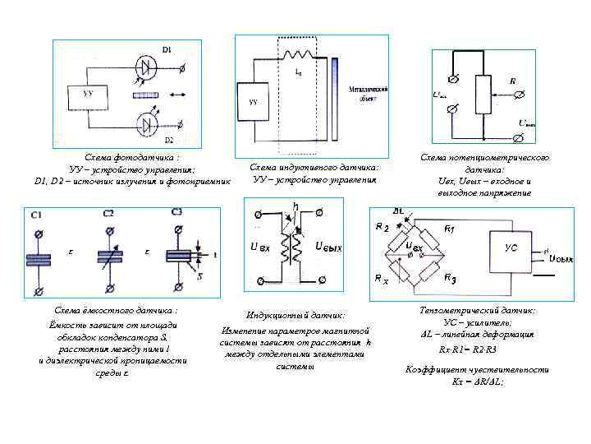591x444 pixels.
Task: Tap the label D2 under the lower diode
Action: click(x=169, y=141)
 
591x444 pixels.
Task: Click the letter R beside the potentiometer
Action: click(x=513, y=81)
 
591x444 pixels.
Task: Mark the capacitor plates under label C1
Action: click(x=39, y=255)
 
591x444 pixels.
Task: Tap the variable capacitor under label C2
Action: click(x=108, y=255)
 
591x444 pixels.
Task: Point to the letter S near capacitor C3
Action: click(x=199, y=276)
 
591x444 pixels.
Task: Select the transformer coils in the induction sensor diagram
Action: click(x=289, y=247)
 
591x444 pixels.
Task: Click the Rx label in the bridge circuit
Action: click(x=380, y=280)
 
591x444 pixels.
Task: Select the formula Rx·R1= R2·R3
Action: click(x=468, y=349)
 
